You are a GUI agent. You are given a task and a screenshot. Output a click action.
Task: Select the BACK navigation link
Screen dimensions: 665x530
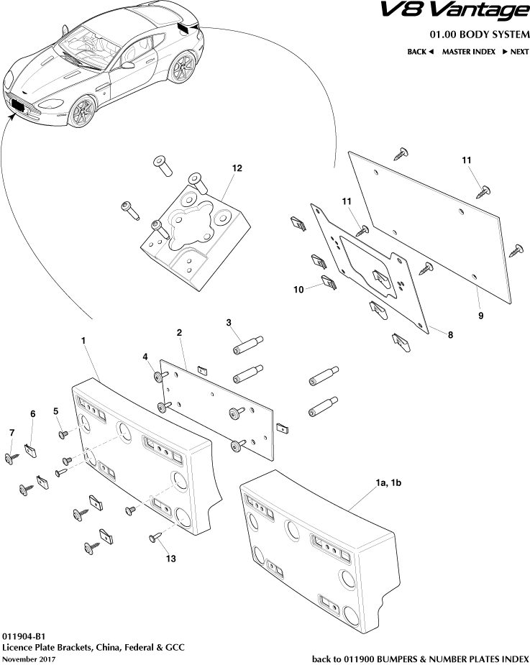[421, 52]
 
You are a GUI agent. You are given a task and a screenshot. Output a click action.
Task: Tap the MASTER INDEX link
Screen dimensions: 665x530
[468, 52]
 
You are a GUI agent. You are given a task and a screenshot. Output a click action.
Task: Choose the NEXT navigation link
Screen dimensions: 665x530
[515, 52]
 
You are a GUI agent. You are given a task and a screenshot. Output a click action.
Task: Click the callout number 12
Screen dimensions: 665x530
[237, 168]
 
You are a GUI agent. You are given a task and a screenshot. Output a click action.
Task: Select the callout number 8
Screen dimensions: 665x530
[450, 334]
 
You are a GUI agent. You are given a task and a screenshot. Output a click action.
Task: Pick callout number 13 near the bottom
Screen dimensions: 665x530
[170, 558]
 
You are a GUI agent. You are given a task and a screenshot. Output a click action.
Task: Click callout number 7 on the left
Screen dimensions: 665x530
[11, 432]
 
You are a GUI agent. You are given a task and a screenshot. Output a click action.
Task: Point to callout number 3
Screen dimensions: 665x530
[228, 323]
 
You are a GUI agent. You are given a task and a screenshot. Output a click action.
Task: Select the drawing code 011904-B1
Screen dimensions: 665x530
[24, 636]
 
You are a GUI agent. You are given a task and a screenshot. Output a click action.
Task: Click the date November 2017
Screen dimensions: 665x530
[28, 659]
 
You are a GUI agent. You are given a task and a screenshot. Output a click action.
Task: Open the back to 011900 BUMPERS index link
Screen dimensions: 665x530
[420, 658]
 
